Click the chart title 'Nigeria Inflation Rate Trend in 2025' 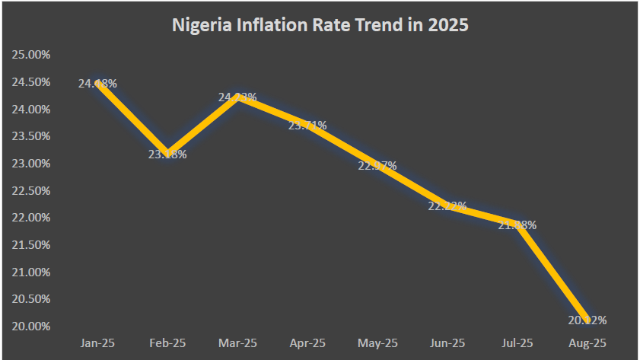click(x=320, y=25)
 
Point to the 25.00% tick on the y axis click(x=31, y=55)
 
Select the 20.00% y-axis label click(x=31, y=327)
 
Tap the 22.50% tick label click(x=31, y=191)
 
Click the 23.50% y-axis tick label click(x=31, y=136)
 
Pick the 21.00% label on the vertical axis click(x=31, y=272)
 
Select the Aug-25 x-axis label click(x=588, y=343)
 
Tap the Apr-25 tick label click(x=307, y=343)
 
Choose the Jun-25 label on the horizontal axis click(x=447, y=343)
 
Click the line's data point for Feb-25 click(x=167, y=153)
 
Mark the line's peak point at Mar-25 click(x=237, y=97)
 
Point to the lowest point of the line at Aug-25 click(x=588, y=320)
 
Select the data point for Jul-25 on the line click(x=518, y=225)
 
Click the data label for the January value click(x=97, y=84)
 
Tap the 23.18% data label click(x=167, y=155)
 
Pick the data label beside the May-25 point click(x=377, y=166)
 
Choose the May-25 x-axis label click(x=377, y=343)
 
